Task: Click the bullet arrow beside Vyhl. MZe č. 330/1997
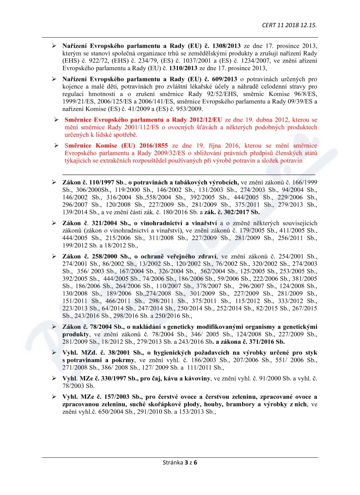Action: (54, 378)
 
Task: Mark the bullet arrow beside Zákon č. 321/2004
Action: (54, 223)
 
